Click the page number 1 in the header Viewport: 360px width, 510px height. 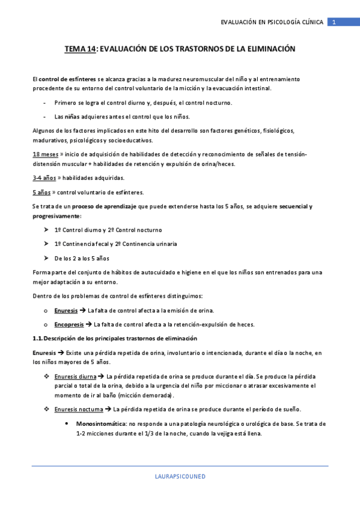[x=334, y=22]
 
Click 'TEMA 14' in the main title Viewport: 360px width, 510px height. [x=80, y=49]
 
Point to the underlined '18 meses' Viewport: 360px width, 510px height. [x=45, y=155]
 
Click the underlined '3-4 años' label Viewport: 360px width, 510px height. [x=44, y=178]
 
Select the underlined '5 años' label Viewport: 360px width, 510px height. [x=42, y=192]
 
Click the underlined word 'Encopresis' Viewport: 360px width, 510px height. [x=69, y=324]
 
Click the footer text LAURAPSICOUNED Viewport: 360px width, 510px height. [x=180, y=476]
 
